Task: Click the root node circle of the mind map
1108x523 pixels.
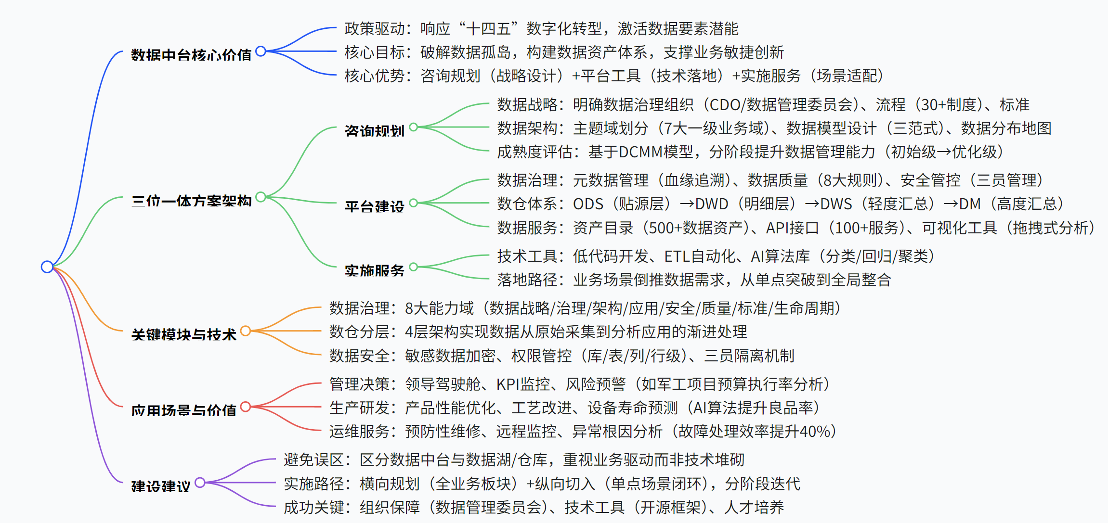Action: click(x=47, y=267)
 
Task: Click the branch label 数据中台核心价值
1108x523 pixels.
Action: click(x=191, y=55)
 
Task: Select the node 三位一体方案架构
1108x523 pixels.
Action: click(x=191, y=201)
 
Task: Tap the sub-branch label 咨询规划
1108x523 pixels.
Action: click(x=374, y=131)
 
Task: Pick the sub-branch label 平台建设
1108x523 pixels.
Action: click(x=374, y=207)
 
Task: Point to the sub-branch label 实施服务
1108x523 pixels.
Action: click(x=374, y=270)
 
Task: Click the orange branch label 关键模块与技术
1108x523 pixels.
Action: click(x=183, y=334)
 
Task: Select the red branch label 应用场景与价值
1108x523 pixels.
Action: click(x=183, y=410)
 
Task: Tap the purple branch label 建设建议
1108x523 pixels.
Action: click(x=161, y=486)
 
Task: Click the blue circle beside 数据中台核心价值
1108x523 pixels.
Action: click(x=261, y=51)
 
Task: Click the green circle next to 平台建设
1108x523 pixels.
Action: click(x=413, y=203)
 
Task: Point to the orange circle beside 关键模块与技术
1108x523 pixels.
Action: click(x=245, y=331)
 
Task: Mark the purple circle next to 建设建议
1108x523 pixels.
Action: click(x=200, y=483)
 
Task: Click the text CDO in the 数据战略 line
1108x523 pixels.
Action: click(x=725, y=105)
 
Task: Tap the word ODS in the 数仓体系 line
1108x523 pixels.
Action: click(x=588, y=204)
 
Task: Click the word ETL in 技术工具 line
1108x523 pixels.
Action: click(x=676, y=256)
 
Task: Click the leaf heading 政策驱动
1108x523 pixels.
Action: click(x=375, y=29)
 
